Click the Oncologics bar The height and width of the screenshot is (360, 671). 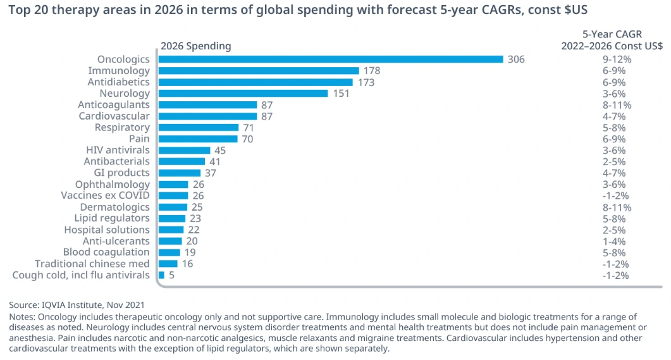330,59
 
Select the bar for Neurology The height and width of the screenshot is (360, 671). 243,94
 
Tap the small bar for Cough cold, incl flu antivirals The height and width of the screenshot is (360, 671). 161,275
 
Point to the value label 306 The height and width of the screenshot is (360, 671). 516,59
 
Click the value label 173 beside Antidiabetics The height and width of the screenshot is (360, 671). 366,82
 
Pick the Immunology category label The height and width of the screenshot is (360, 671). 119,71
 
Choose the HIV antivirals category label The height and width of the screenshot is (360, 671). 118,150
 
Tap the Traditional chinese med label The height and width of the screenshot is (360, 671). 92,264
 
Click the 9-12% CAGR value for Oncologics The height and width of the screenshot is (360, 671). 617,59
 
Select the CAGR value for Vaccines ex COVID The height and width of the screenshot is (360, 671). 617,196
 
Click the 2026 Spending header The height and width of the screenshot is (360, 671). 195,46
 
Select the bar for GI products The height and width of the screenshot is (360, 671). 179,173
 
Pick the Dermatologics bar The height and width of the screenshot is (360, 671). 173,207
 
